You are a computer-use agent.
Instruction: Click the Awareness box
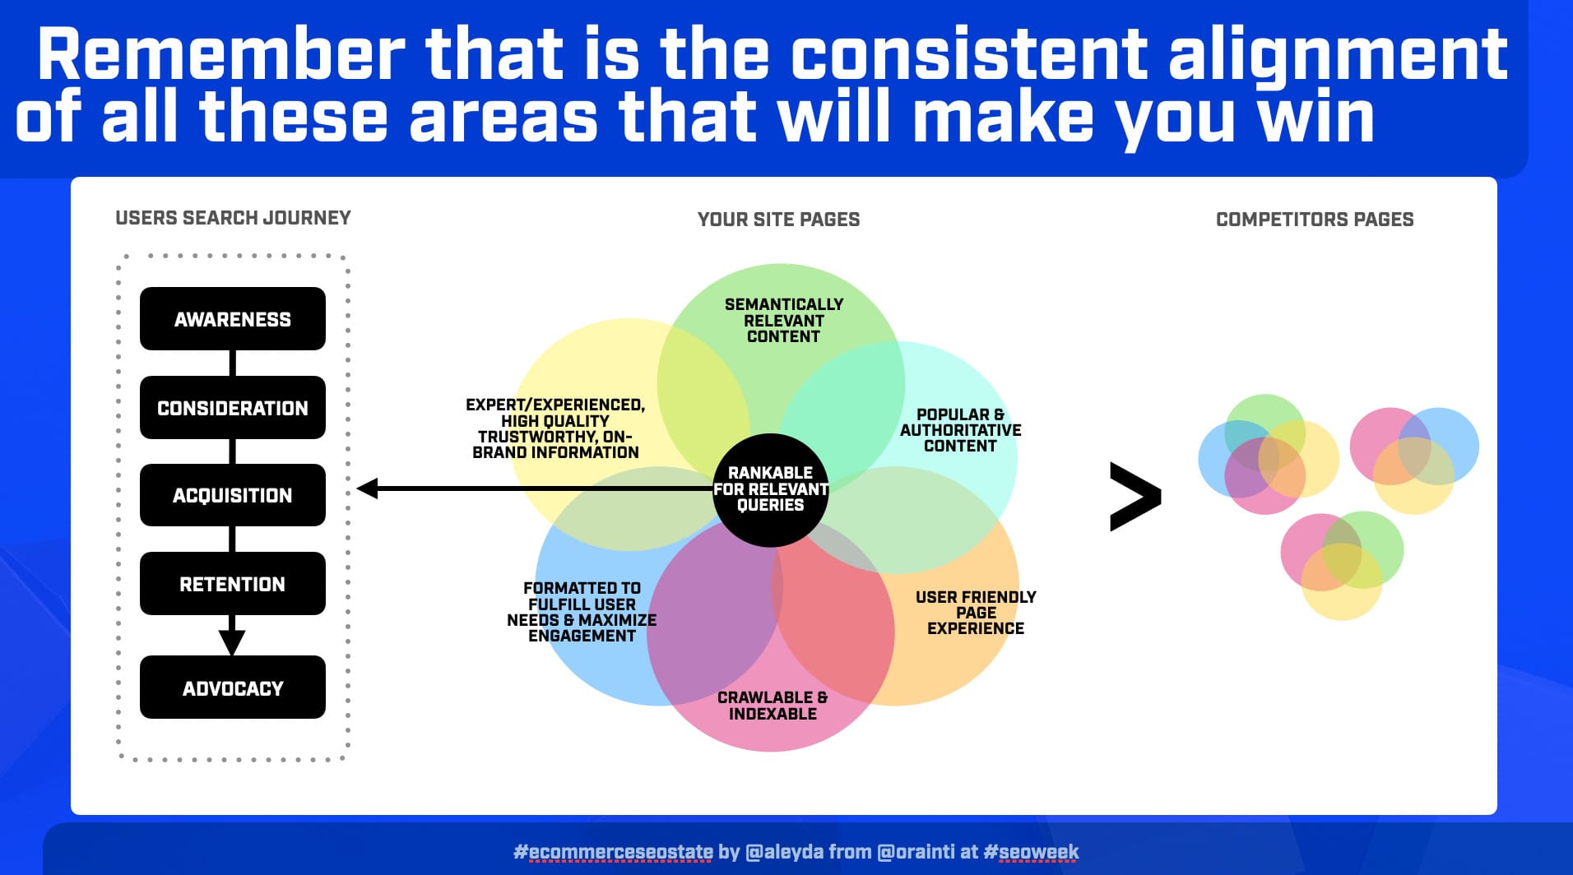coord(233,318)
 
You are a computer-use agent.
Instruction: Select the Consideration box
coord(233,407)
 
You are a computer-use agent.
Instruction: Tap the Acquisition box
coord(233,495)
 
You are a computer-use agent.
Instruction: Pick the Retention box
coord(233,584)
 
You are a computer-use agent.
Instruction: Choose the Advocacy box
coord(233,687)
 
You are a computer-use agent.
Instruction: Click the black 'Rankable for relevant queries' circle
coord(771,490)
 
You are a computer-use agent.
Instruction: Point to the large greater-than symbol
coord(1135,497)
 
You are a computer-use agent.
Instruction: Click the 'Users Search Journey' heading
coord(234,218)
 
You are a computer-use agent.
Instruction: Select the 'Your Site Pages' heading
coord(779,220)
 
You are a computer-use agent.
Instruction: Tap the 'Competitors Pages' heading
coord(1315,220)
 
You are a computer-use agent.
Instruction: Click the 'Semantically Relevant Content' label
coord(784,320)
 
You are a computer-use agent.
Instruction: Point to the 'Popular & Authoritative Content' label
coord(961,430)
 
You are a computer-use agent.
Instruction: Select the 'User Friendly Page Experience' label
coord(976,613)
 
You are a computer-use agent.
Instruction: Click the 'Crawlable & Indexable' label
coord(773,706)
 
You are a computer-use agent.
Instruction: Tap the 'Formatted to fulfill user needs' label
coord(582,612)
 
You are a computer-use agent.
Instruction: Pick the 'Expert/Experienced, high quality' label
coord(555,428)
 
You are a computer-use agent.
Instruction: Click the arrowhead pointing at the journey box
coord(367,488)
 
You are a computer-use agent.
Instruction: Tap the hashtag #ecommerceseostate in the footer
coord(613,852)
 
